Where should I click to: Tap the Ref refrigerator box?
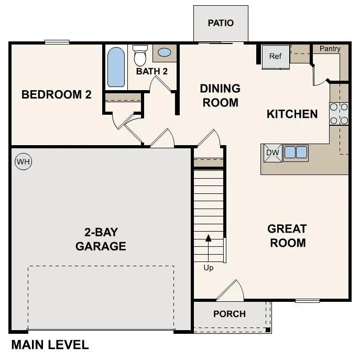(276, 57)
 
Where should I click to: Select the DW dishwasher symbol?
(271, 152)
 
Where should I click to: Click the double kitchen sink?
(296, 152)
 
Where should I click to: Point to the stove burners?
(339, 114)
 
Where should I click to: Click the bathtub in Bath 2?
(116, 67)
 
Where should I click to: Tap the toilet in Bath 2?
(140, 54)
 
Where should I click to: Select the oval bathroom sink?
(165, 53)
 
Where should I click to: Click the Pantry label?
(330, 49)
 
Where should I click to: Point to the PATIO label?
(221, 23)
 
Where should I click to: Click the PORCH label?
(230, 314)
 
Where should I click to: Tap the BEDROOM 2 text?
(57, 95)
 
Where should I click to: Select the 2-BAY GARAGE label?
(101, 239)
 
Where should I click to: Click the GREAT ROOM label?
(287, 236)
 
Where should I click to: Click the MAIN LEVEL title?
(50, 345)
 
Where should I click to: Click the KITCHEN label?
(292, 114)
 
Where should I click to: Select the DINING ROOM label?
(220, 95)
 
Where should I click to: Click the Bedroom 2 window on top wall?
(57, 42)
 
